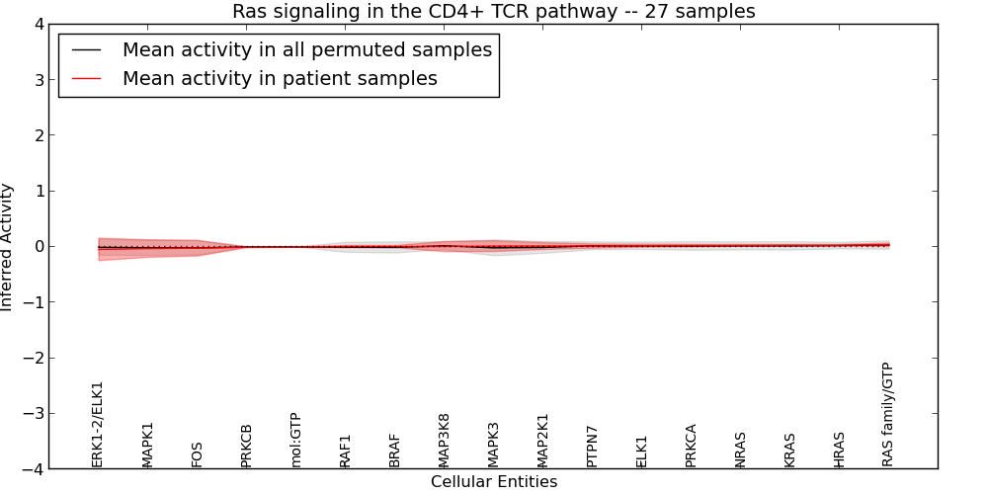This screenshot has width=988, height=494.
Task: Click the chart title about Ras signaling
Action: [493, 12]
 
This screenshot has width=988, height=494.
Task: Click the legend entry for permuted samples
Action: [306, 49]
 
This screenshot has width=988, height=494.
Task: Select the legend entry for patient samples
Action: [280, 79]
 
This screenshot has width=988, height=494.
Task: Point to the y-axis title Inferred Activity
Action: [8, 247]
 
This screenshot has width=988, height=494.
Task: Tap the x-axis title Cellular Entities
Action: [493, 482]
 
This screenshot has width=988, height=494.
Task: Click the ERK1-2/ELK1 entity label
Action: [98, 425]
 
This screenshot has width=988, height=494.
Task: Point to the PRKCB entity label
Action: [246, 446]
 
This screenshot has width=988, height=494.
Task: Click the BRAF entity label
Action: [394, 451]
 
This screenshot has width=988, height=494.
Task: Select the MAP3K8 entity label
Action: [444, 441]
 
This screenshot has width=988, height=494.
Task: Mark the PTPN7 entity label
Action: [592, 447]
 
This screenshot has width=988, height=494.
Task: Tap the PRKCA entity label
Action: [691, 446]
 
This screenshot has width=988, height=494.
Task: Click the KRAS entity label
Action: [789, 450]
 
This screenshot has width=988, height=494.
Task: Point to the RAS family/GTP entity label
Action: [888, 414]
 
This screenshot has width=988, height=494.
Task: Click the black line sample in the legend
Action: [87, 49]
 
